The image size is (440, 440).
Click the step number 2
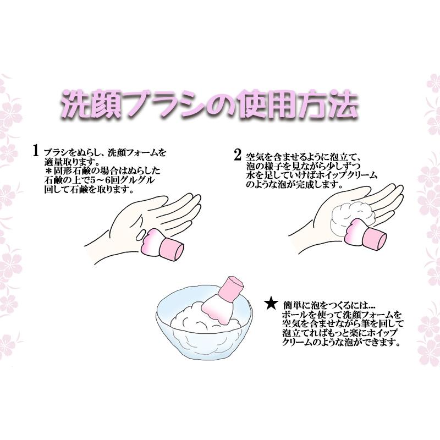coord(237,155)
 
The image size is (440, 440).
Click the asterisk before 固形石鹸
coord(48,172)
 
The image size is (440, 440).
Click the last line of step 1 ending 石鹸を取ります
coord(88,190)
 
